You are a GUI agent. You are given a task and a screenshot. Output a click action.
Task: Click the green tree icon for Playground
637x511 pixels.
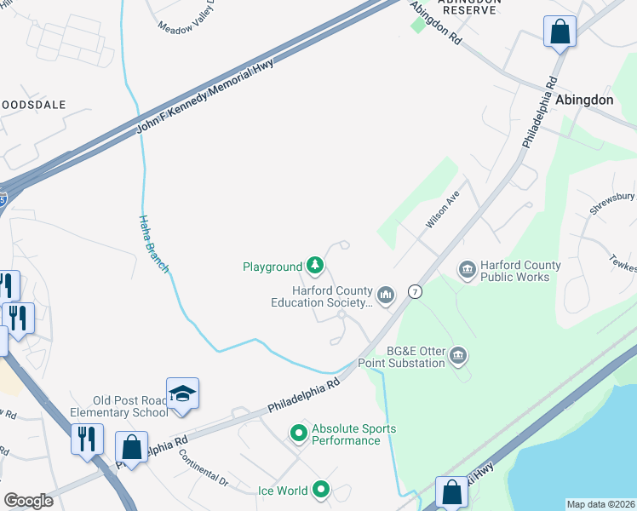(315, 267)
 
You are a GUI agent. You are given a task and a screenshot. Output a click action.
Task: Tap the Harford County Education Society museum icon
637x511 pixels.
(386, 296)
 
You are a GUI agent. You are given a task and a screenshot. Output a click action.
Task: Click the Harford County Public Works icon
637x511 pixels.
(467, 271)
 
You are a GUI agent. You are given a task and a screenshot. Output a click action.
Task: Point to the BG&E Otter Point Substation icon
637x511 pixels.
(458, 354)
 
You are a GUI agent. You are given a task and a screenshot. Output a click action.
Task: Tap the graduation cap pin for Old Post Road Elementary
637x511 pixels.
(182, 393)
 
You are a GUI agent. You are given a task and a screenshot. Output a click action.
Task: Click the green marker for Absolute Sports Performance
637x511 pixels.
(298, 434)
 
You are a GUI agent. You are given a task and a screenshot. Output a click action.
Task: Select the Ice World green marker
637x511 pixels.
(321, 490)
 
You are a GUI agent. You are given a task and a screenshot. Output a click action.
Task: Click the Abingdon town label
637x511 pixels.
(584, 100)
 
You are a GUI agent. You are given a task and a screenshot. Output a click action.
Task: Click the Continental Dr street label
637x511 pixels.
(204, 468)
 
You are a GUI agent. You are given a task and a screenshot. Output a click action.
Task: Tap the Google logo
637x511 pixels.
(28, 501)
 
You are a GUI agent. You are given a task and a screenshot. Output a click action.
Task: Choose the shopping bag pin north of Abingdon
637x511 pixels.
(560, 32)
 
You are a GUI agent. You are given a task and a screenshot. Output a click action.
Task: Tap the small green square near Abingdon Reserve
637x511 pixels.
(417, 26)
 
